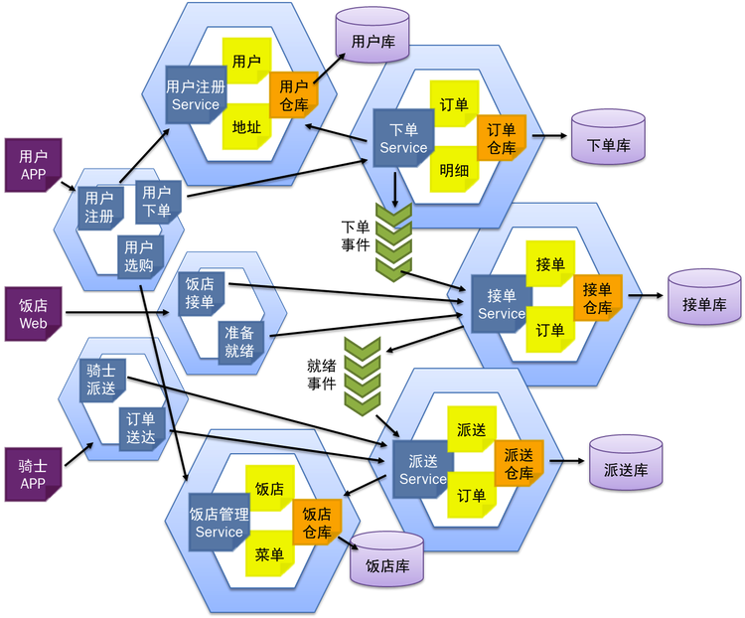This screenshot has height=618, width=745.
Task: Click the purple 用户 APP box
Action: click(33, 165)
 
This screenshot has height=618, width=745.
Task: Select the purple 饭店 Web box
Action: click(33, 314)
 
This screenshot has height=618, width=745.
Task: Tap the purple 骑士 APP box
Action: click(33, 475)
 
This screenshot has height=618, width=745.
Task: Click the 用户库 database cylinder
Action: click(372, 35)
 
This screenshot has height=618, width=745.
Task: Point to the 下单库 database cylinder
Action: click(608, 137)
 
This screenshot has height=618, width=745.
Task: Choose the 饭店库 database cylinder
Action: click(386, 559)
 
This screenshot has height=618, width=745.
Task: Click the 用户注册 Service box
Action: click(196, 95)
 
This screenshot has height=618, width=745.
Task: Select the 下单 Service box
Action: click(404, 138)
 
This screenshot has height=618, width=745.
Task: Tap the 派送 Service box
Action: click(423, 469)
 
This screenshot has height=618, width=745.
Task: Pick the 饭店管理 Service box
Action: click(220, 523)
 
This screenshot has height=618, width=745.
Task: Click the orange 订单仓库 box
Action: click(502, 138)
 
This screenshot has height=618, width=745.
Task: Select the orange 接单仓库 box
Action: click(598, 298)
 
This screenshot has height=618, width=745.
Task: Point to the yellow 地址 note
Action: click(246, 126)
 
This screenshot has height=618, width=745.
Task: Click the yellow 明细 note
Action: click(454, 169)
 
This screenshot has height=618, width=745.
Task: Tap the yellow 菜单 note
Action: click(269, 553)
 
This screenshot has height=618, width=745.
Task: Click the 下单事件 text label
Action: click(356, 235)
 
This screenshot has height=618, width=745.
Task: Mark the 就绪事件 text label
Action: click(322, 375)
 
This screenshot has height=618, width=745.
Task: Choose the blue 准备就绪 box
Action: click(240, 342)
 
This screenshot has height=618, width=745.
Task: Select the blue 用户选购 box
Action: click(140, 256)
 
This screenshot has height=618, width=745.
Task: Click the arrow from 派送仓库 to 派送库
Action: click(567, 461)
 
